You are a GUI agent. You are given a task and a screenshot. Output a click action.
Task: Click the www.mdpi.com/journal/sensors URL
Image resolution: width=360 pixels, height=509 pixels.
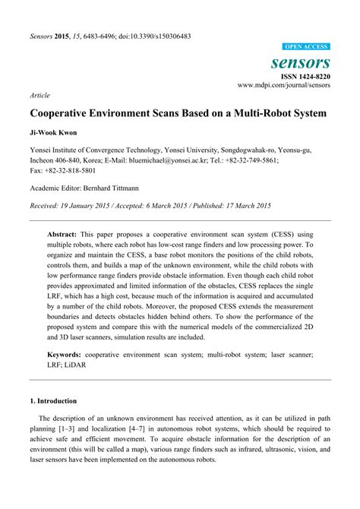285,87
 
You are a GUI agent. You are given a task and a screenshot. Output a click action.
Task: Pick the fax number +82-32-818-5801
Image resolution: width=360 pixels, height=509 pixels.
68,172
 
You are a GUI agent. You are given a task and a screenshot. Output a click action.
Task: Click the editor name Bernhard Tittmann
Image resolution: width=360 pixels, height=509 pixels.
118,188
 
